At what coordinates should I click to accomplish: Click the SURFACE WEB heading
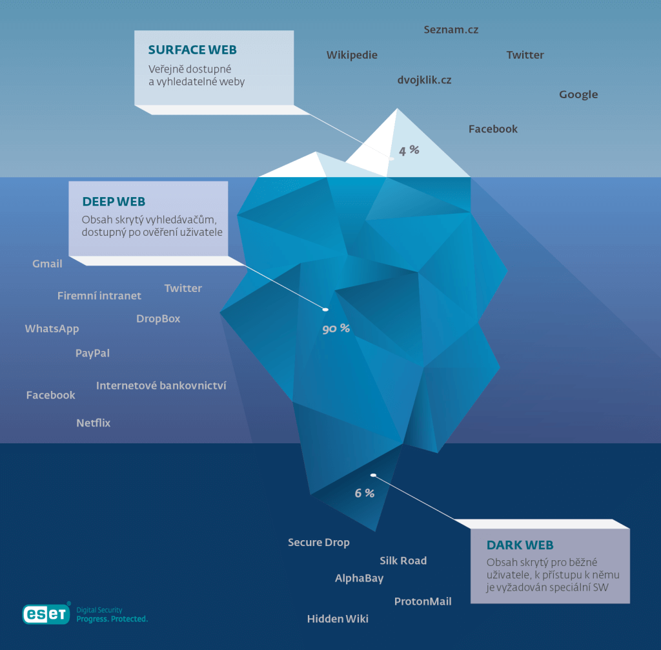pos(192,50)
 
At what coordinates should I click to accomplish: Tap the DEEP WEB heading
pos(114,202)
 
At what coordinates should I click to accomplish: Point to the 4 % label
pos(409,151)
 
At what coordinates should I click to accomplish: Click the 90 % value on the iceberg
pos(336,329)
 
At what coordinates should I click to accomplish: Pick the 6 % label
pos(364,493)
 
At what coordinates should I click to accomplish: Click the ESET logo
pos(46,614)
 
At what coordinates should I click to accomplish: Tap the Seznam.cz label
pos(451,30)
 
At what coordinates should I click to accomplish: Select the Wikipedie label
pos(352,55)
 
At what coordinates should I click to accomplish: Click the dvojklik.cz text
pos(424,80)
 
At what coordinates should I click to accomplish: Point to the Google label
pos(578,94)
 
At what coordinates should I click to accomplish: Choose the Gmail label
pos(47,264)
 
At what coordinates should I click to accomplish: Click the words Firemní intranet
pos(99,296)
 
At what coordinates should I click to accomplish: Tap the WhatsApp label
pos(52,328)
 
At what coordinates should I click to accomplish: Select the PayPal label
pos(92,353)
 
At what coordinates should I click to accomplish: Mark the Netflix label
pos(94,423)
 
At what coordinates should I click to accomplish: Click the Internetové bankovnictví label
pos(161,386)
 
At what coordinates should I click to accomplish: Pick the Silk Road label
pos(403,561)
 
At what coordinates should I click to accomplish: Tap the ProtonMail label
pos(423,602)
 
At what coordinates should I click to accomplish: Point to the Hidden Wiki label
pos(338,619)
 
